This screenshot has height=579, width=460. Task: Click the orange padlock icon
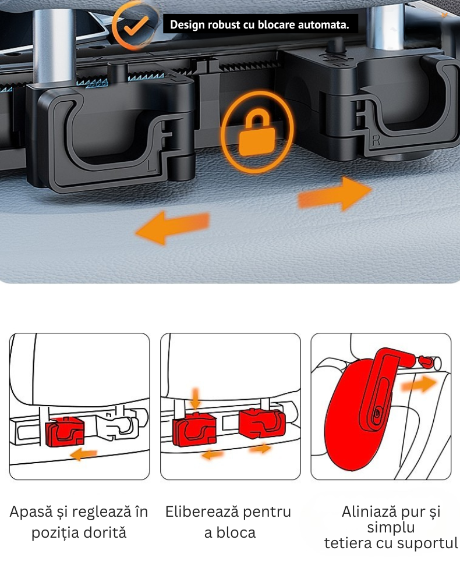coord(257,133)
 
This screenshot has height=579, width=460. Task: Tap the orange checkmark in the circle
coord(135,26)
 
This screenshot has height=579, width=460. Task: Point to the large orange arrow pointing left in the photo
coord(172,227)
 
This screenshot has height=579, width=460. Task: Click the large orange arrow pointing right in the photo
coord(334,194)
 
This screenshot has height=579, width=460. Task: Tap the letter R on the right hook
coord(376,140)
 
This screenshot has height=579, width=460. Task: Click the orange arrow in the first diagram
coord(84,454)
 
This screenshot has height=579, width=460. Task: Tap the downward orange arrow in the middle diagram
coord(196,397)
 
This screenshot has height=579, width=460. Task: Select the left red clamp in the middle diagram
coord(194,429)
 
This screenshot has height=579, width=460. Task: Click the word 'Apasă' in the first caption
coord(31,512)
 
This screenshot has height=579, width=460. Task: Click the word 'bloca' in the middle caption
coord(236,533)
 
